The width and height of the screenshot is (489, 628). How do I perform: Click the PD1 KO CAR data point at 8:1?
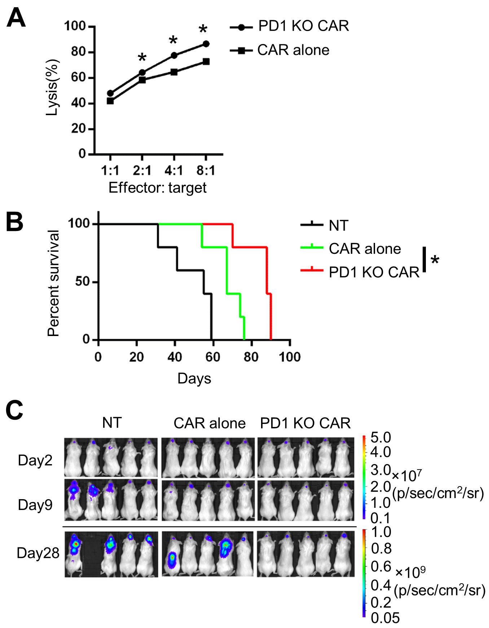tap(206, 44)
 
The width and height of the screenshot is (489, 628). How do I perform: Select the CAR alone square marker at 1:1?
tap(110, 101)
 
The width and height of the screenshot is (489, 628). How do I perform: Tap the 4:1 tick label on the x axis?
tap(174, 170)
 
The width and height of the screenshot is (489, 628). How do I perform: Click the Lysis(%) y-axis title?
tap(52, 88)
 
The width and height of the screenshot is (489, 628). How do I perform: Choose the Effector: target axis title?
tap(158, 188)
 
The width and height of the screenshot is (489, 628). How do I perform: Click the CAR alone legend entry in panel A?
tap(293, 50)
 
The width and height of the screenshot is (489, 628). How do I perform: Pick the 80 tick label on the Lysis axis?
tap(78, 52)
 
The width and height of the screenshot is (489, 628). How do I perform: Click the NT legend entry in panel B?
tap(338, 226)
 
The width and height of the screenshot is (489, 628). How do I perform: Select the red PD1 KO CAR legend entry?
tap(374, 272)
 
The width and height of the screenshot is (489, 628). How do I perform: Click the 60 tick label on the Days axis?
tap(213, 357)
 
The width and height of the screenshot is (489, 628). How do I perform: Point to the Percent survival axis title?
tap(53, 283)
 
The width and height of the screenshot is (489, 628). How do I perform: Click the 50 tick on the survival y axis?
tap(82, 282)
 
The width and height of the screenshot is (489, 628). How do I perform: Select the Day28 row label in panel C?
tap(38, 553)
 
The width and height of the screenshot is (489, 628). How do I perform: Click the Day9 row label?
tap(35, 505)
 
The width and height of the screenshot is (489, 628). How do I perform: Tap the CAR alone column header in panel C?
tap(210, 423)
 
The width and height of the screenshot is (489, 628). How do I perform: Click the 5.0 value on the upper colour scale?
tap(380, 438)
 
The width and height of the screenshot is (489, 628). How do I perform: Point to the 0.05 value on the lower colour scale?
tap(385, 618)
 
